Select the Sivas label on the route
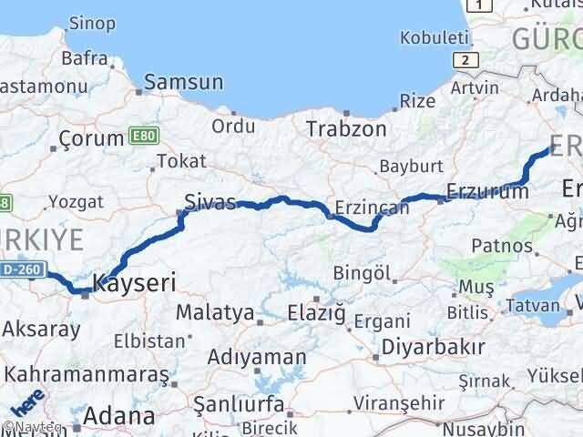coord(210,200)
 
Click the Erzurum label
coord(486,192)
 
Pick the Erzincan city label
coord(372,208)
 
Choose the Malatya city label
coord(214,312)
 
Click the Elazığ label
coord(316,313)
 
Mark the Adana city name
coord(118,416)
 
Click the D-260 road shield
coord(19,270)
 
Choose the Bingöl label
coord(362,272)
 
